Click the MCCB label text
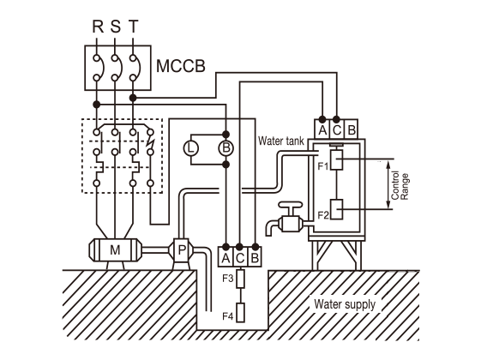(x=180, y=66)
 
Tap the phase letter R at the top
(x=98, y=27)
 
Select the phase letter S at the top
(x=116, y=27)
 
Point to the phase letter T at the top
(x=133, y=27)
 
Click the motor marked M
(x=115, y=249)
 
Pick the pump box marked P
(x=181, y=250)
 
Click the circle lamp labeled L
(x=190, y=148)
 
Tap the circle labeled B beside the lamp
(x=225, y=148)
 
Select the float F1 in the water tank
(x=336, y=159)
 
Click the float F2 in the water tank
(x=336, y=209)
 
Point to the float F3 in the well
(x=240, y=279)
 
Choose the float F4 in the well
(x=240, y=313)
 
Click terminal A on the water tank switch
(x=322, y=129)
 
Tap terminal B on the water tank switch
(x=352, y=129)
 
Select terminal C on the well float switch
(x=240, y=257)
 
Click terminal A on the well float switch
(x=225, y=257)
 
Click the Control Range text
(x=400, y=185)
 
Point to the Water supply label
(x=345, y=304)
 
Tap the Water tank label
(x=280, y=141)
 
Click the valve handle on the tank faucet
(x=290, y=205)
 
